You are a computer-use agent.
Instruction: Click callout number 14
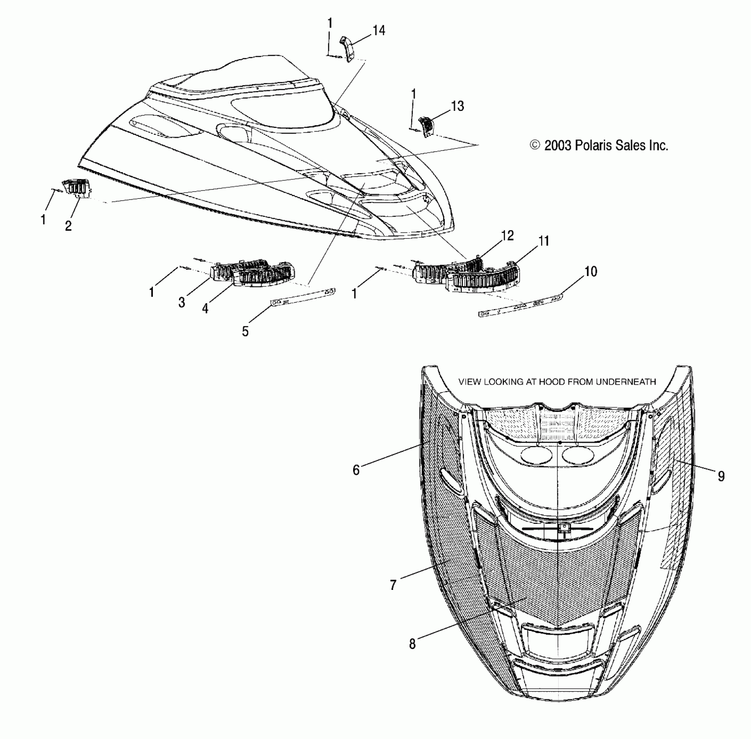click(x=379, y=30)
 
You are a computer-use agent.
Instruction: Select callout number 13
click(x=457, y=106)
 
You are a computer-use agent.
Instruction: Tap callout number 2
click(x=68, y=226)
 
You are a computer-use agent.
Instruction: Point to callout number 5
click(x=245, y=332)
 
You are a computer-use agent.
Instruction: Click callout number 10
click(x=590, y=272)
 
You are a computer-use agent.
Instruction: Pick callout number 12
click(x=507, y=236)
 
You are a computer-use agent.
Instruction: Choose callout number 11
click(x=544, y=241)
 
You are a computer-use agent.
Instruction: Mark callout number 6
click(x=356, y=470)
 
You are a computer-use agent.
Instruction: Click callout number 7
click(x=393, y=585)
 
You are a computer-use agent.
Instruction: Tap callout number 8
click(x=412, y=644)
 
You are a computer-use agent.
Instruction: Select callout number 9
click(x=721, y=476)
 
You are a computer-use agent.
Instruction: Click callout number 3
click(x=182, y=303)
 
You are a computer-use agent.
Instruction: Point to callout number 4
click(x=205, y=308)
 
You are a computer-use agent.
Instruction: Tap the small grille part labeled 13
click(x=426, y=126)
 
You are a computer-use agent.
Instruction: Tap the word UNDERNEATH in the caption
click(x=626, y=382)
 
